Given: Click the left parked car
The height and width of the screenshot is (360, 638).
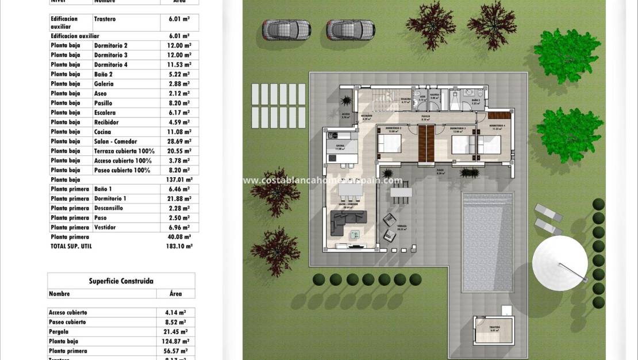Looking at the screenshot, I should click(x=287, y=29).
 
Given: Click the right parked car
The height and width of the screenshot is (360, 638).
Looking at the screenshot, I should click(x=351, y=29).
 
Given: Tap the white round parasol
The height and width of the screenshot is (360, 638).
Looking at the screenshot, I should click(x=560, y=263).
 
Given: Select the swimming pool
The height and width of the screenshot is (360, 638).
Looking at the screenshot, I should click(x=487, y=242).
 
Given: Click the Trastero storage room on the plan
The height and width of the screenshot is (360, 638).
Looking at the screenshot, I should click(x=494, y=330).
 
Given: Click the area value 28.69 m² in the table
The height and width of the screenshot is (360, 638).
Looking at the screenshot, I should click(x=179, y=141).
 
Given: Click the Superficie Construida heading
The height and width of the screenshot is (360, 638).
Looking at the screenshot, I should click(x=121, y=281).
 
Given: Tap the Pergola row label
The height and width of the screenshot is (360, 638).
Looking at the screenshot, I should click(x=59, y=332).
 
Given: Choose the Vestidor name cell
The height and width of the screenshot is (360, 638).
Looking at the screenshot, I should click(x=105, y=227).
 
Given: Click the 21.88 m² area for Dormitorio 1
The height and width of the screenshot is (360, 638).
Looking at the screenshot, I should click(x=179, y=198).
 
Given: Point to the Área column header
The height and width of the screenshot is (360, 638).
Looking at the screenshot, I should click(x=176, y=293).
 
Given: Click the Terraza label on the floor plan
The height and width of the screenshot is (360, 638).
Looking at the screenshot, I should click(x=401, y=227).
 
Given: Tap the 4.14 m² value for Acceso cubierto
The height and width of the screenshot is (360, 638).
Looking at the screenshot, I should click(x=175, y=312).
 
